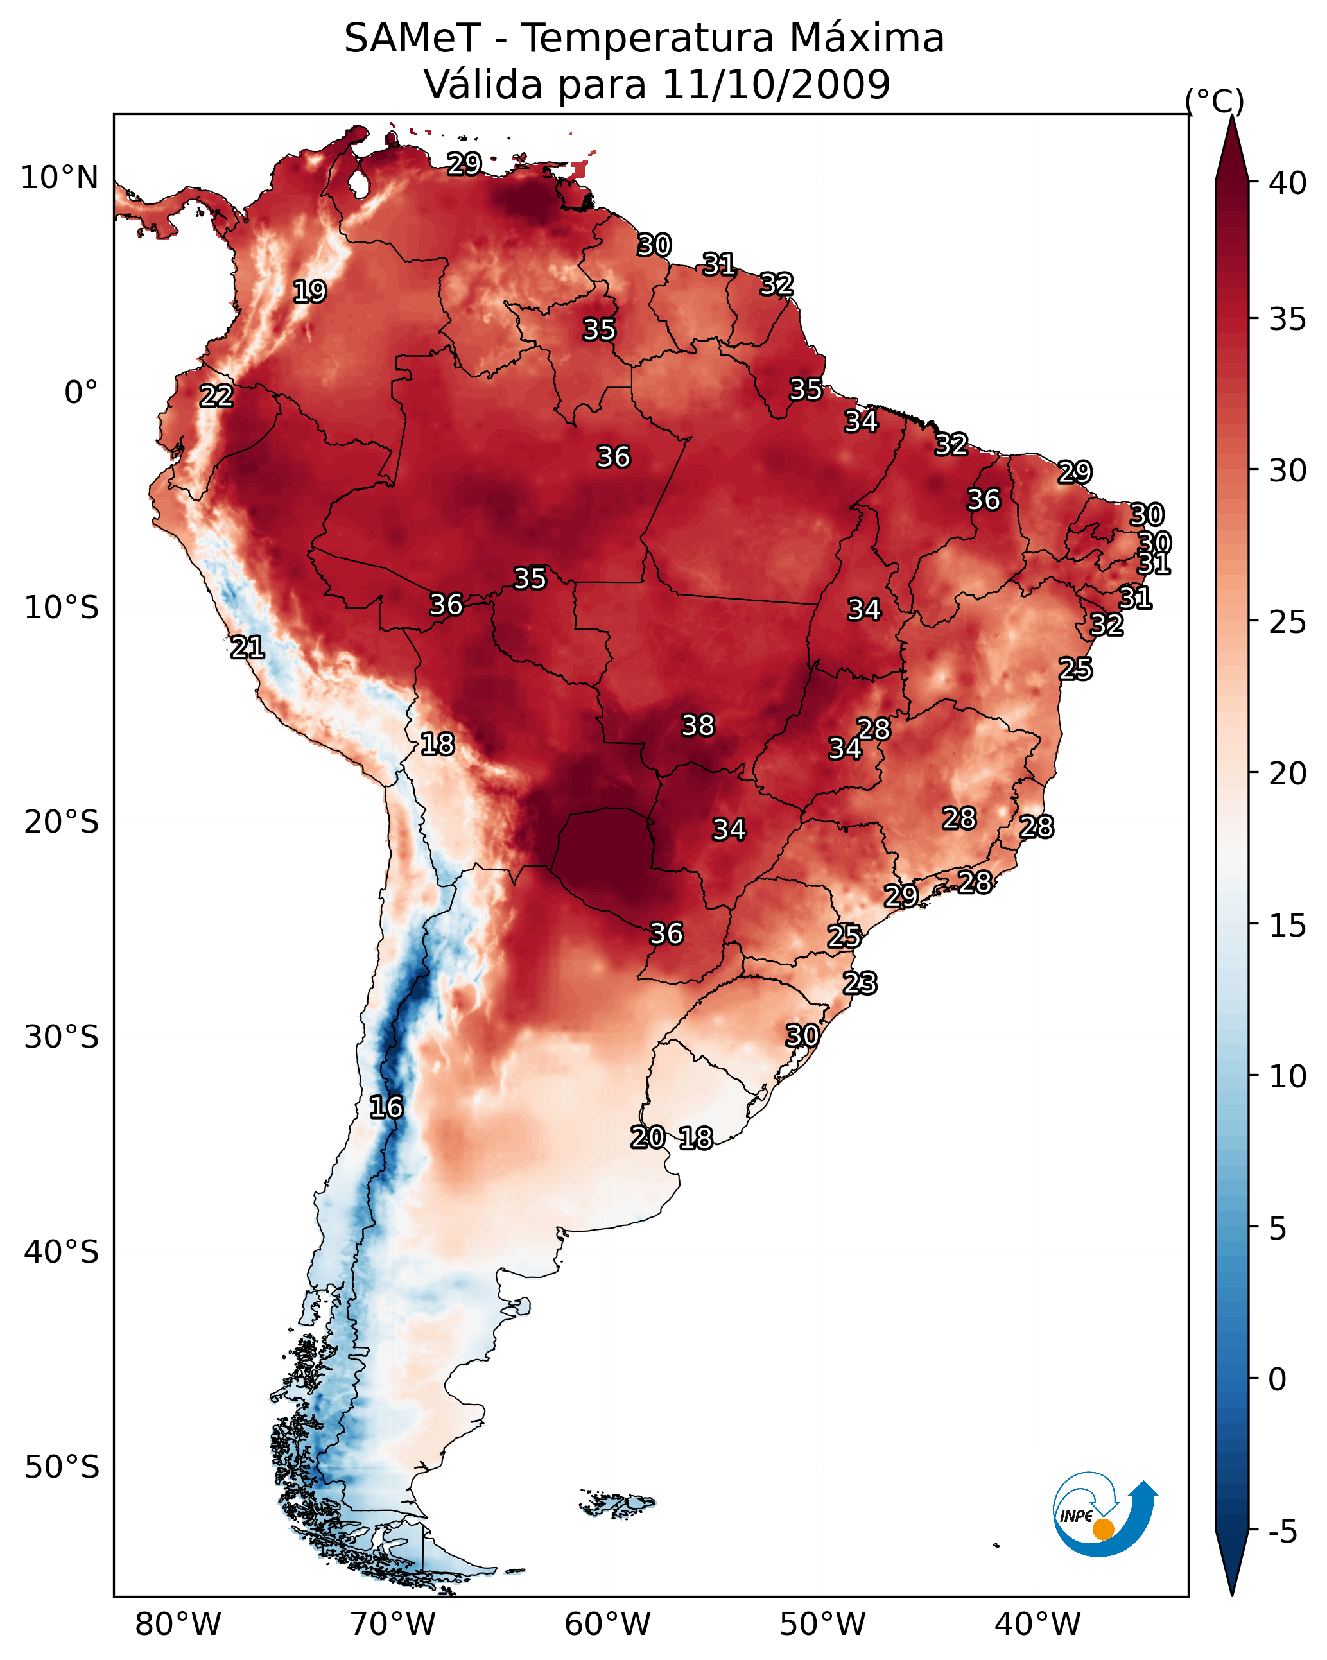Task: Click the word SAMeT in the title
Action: pyautogui.click(x=412, y=39)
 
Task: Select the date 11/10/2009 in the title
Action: pyautogui.click(x=776, y=84)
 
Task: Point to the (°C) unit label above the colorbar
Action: pyautogui.click(x=1215, y=101)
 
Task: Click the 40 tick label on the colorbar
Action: pyautogui.click(x=1287, y=183)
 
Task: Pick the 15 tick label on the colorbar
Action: pyautogui.click(x=1287, y=926)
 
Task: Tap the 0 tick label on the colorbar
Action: pyautogui.click(x=1278, y=1379)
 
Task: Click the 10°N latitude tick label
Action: pyautogui.click(x=59, y=178)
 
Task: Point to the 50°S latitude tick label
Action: pyautogui.click(x=62, y=1467)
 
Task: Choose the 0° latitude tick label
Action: pyautogui.click(x=81, y=393)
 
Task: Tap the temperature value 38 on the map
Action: pyautogui.click(x=698, y=725)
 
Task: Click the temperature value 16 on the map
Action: pyautogui.click(x=386, y=1107)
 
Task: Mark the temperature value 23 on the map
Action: pyautogui.click(x=860, y=983)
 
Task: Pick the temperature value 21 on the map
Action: pyautogui.click(x=247, y=648)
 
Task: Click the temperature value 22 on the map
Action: pyautogui.click(x=216, y=396)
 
